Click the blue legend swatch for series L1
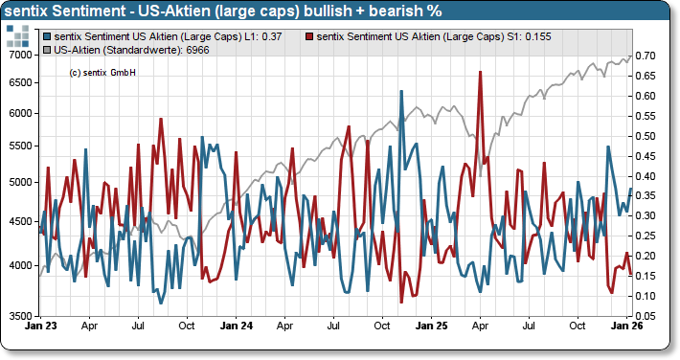(49, 36)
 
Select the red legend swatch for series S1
(308, 36)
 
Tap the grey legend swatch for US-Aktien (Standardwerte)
(49, 48)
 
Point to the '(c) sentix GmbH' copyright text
(102, 72)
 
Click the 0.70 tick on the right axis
(645, 56)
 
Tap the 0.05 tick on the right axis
(645, 316)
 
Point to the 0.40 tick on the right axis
(645, 176)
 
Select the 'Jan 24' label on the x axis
(237, 326)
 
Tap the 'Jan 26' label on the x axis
(626, 326)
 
